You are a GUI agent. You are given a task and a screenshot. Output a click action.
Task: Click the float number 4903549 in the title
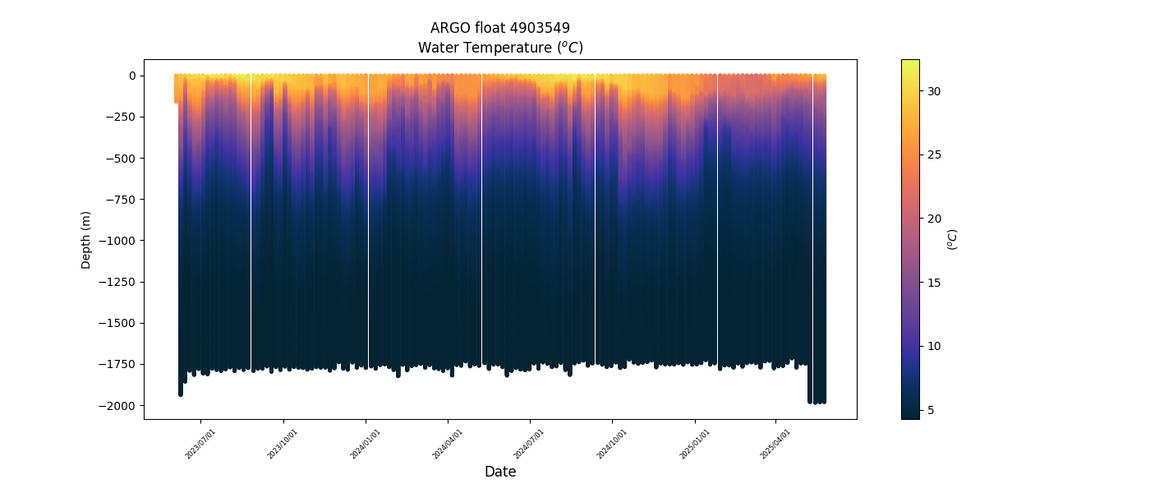click(538, 28)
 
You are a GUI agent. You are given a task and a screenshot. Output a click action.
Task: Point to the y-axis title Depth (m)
click(86, 239)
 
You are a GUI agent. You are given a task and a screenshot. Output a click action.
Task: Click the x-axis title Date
click(500, 472)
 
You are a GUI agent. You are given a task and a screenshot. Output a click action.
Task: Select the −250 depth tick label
click(120, 117)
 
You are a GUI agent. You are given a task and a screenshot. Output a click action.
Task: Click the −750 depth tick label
click(120, 199)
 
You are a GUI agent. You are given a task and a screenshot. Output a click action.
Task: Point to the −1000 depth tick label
click(117, 241)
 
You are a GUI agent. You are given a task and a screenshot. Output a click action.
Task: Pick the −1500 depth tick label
click(117, 323)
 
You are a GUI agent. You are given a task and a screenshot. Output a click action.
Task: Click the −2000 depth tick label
click(117, 405)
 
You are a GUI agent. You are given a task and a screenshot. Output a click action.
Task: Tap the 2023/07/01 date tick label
click(201, 443)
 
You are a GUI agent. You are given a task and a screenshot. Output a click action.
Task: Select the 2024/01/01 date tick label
click(366, 443)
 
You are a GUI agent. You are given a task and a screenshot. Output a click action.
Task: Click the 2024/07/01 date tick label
click(530, 443)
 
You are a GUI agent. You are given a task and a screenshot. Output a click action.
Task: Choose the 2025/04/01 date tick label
click(775, 443)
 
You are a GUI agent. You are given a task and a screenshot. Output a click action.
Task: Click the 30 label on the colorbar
click(934, 91)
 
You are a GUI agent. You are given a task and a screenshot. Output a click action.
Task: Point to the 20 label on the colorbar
click(934, 219)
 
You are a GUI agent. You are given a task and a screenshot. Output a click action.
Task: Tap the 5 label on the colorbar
click(931, 410)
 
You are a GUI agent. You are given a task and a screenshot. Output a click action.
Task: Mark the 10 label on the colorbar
click(934, 346)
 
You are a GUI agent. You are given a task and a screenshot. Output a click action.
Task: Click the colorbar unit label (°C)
click(953, 239)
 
